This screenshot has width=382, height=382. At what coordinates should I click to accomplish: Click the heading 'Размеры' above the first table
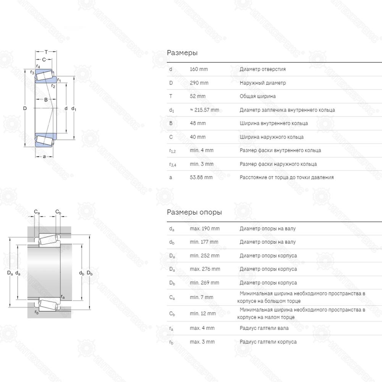point(182,53)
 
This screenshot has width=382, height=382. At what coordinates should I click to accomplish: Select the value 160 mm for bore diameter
point(199,69)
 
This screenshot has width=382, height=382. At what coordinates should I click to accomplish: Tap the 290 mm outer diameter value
point(199,83)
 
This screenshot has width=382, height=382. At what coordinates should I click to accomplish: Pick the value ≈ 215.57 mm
point(204,110)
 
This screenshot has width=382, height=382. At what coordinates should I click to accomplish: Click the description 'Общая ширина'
point(257,96)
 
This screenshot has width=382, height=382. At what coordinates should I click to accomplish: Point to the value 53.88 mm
point(201,177)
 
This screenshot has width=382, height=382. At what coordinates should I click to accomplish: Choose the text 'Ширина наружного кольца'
point(272,137)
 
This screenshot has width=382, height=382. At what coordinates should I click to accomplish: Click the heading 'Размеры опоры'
point(194,212)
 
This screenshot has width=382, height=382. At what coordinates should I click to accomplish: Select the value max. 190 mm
point(205,228)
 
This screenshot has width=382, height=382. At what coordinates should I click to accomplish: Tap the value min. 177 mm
point(204,242)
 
